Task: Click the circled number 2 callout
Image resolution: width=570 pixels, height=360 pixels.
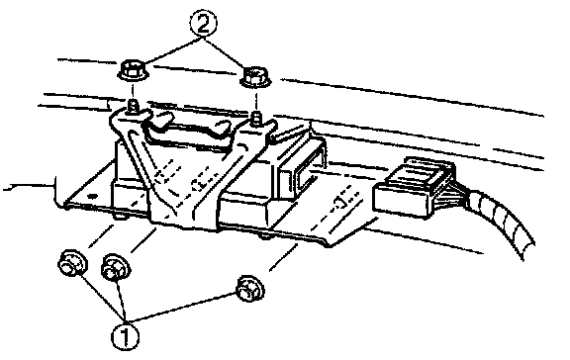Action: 203,24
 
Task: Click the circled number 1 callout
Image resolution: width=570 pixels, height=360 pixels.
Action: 125,335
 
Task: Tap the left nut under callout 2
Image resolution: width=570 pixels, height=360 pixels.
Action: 133,71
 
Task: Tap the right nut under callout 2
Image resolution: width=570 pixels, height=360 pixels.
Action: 255,78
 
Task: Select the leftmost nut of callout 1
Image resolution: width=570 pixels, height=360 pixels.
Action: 72,263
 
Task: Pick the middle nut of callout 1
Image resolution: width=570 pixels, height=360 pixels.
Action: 116,268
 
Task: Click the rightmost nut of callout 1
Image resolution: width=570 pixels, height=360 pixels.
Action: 250,288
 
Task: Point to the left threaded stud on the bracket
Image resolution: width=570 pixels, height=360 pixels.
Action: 133,106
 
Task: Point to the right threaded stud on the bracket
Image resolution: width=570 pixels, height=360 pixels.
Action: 256,117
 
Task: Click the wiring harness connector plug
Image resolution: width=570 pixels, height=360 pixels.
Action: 414,188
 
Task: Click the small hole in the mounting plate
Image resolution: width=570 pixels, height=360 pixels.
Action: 93,196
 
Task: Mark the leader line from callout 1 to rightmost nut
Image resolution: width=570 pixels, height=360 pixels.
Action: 181,308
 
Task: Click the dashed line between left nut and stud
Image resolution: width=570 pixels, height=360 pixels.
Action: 133,92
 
